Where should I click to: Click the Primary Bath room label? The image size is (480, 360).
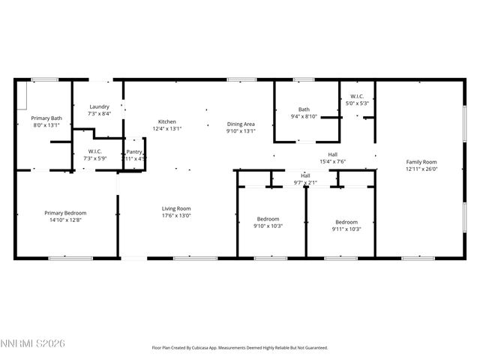pyautogui.click(x=46, y=118)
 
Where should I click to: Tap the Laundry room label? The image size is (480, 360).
pyautogui.click(x=100, y=106)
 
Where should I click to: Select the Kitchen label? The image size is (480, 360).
pyautogui.click(x=167, y=121)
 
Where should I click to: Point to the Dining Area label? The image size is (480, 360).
pyautogui.click(x=241, y=124)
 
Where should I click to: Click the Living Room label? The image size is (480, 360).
pyautogui.click(x=176, y=208)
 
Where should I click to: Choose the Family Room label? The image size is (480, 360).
pyautogui.click(x=421, y=162)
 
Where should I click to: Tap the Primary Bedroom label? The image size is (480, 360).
pyautogui.click(x=65, y=213)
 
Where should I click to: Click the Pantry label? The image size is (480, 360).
pyautogui.click(x=135, y=151)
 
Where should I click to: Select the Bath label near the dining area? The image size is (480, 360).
pyautogui.click(x=304, y=109)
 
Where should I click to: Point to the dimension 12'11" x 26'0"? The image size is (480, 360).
pyautogui.click(x=421, y=169)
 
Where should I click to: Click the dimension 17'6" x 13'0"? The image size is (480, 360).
pyautogui.click(x=176, y=216)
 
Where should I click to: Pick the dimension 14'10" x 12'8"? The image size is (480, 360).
pyautogui.click(x=65, y=220)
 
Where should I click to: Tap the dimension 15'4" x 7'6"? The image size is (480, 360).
pyautogui.click(x=332, y=161)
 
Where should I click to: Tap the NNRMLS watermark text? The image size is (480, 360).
pyautogui.click(x=34, y=343)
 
